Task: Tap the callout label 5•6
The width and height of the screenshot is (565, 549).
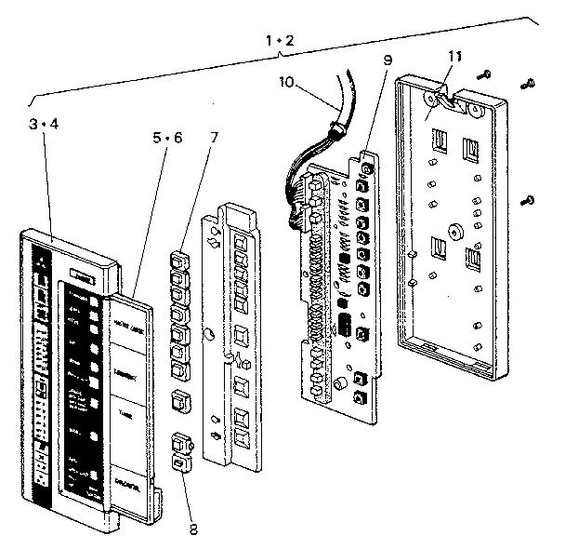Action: (x=167, y=137)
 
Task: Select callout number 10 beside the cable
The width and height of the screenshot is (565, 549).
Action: (x=287, y=82)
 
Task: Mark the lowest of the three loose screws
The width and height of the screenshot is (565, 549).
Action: (x=530, y=198)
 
